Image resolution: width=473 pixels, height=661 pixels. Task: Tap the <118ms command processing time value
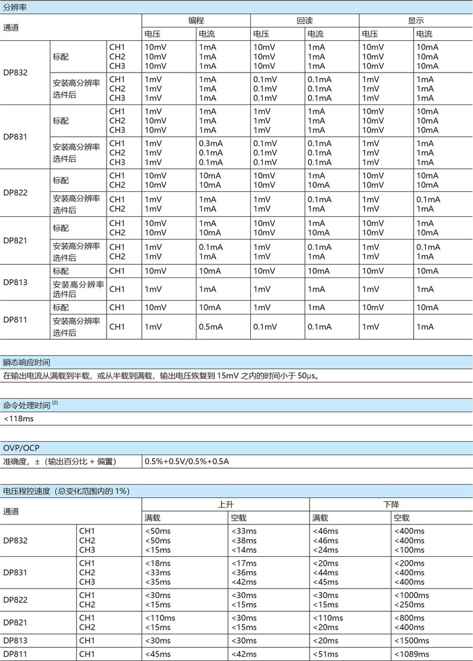(19, 418)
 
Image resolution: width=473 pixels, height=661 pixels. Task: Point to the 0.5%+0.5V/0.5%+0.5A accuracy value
(187, 461)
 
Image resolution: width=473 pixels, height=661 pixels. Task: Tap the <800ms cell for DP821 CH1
(410, 618)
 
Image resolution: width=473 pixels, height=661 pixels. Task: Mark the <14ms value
(243, 550)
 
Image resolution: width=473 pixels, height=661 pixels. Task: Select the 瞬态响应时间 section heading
(26, 363)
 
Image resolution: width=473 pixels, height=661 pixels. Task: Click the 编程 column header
(196, 20)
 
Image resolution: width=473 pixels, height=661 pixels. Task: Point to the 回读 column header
(305, 20)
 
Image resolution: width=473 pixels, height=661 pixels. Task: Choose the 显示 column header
(416, 20)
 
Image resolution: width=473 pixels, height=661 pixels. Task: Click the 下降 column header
(391, 504)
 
